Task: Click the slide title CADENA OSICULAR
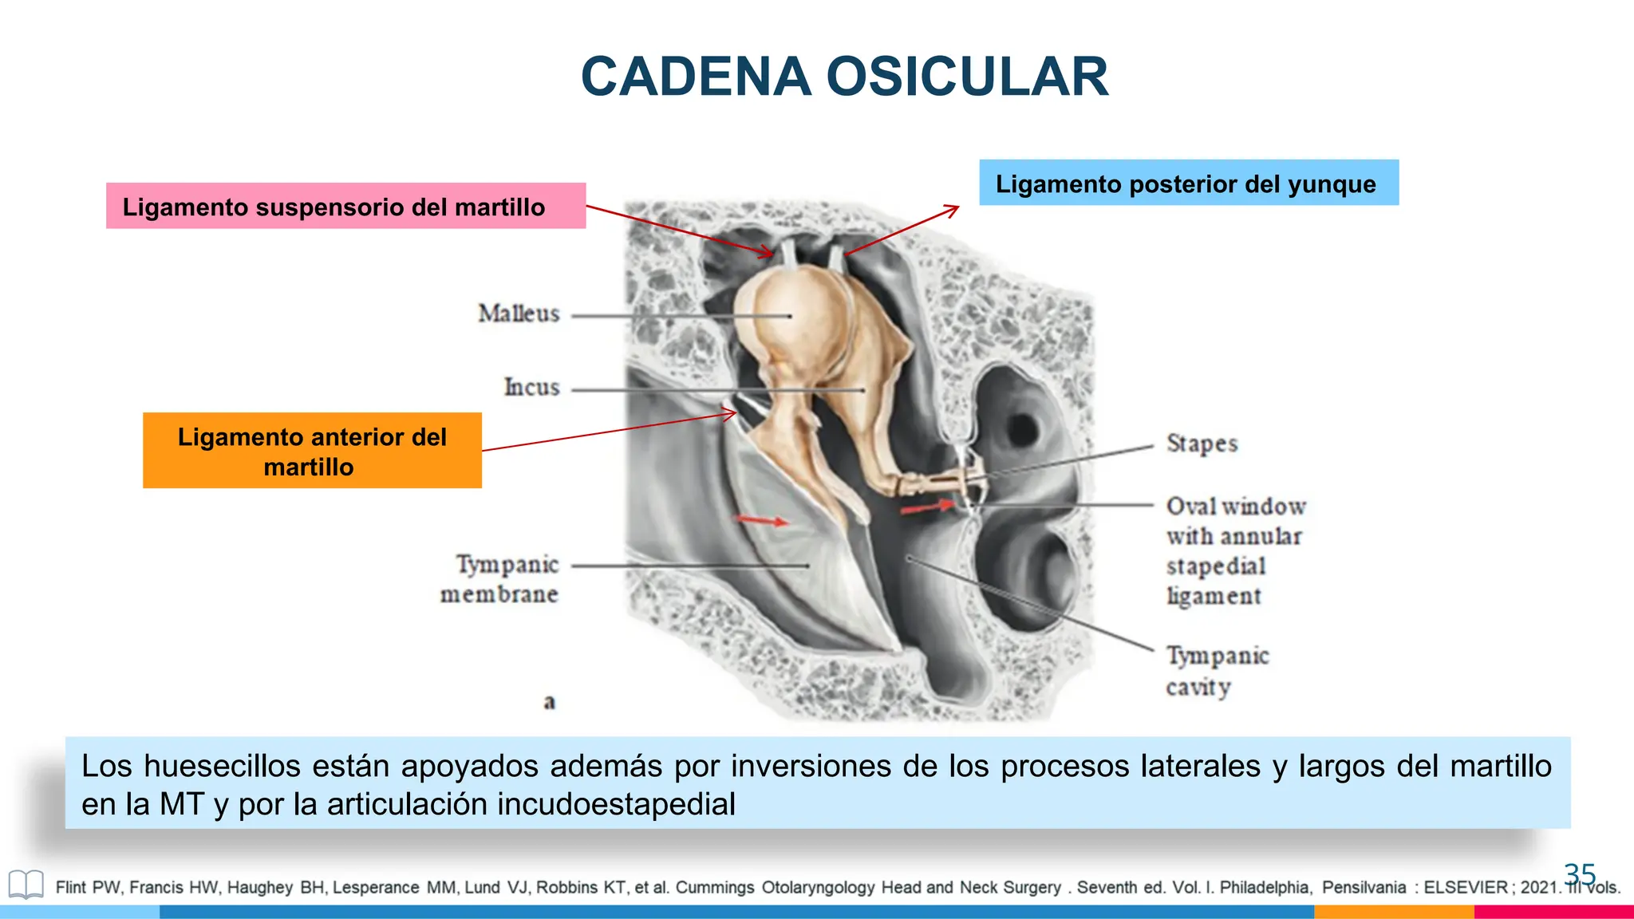coord(844,77)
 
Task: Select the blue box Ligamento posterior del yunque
coord(1188,183)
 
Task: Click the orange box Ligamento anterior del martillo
coord(312,451)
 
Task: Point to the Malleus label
coord(519,314)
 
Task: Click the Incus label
coord(531,388)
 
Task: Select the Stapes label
coord(1202,444)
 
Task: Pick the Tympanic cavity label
coord(1216,671)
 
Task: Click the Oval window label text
coord(1235,507)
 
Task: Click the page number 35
coord(1579,874)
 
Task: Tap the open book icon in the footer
coord(26,885)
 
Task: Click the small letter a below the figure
coord(549,703)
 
